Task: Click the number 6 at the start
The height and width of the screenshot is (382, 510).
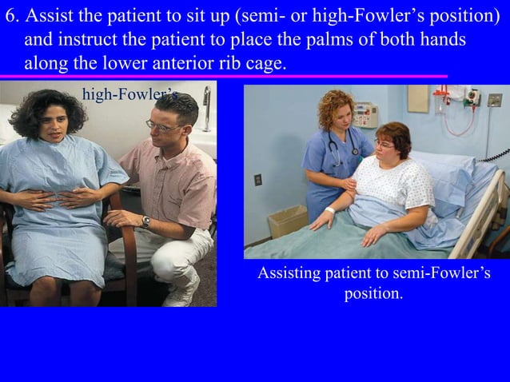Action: (x=10, y=17)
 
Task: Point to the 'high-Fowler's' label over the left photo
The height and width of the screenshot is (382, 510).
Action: (x=128, y=95)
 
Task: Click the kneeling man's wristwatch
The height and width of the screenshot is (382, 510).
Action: (x=146, y=221)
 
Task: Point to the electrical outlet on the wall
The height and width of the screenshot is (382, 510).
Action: (x=258, y=180)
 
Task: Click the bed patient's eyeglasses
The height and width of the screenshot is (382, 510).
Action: (x=385, y=145)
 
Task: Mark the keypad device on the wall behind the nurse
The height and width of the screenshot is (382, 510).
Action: (x=365, y=113)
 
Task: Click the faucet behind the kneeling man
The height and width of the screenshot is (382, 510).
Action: (x=205, y=108)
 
